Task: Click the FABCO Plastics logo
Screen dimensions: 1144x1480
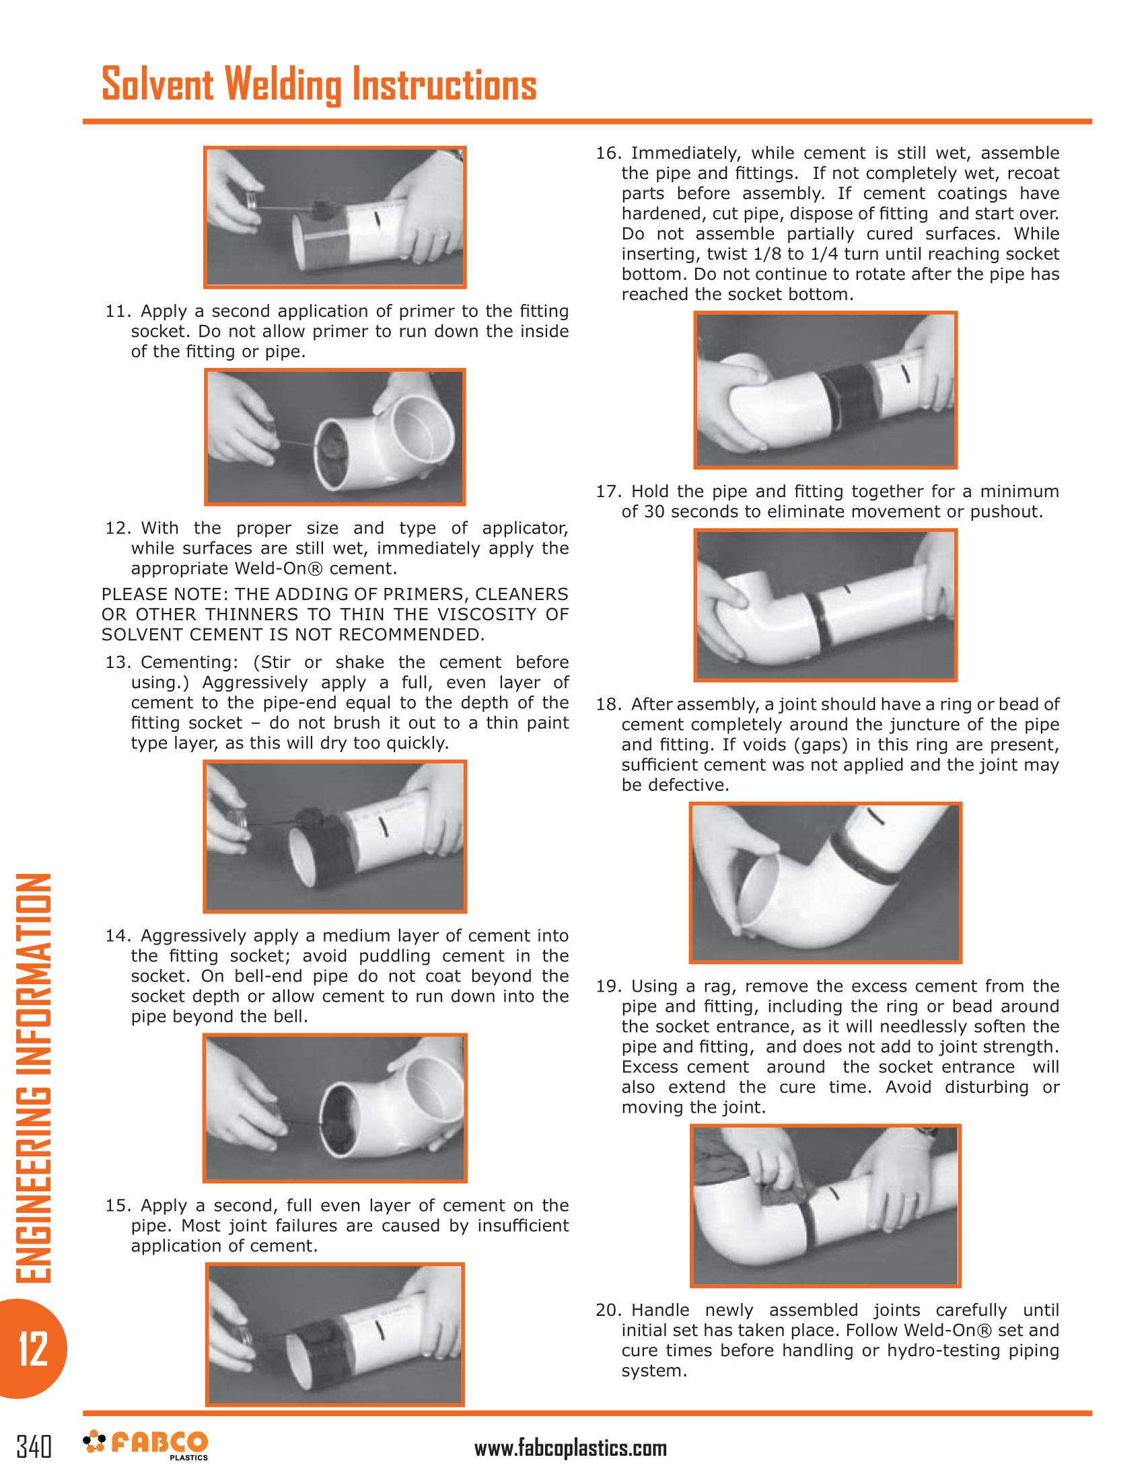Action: pos(146,1445)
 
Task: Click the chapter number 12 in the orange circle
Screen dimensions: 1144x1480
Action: pos(33,1349)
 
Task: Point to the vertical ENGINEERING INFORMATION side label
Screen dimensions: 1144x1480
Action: pos(33,1078)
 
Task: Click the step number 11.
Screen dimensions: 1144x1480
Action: pos(116,311)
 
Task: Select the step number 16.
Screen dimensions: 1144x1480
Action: pos(608,153)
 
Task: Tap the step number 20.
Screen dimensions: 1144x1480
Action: pos(608,1310)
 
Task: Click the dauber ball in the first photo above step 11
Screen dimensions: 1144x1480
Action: pos(320,206)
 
